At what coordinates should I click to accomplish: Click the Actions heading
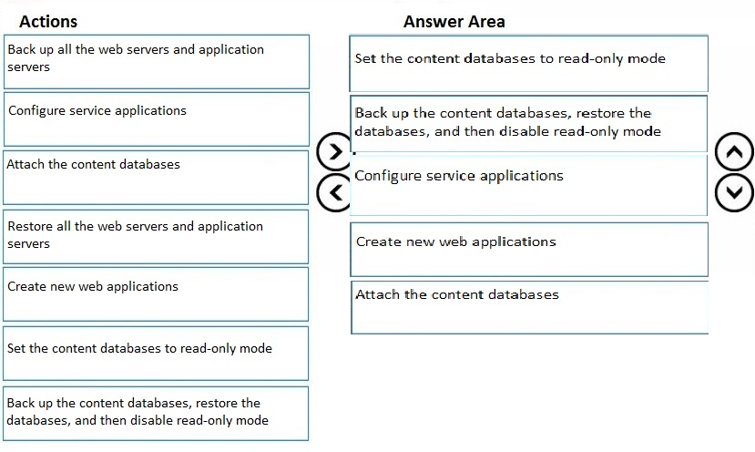point(48,22)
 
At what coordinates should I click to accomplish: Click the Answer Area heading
point(454,22)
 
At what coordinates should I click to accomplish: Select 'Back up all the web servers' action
point(157,62)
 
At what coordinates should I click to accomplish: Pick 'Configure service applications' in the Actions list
point(157,119)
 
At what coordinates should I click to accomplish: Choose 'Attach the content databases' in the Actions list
point(156,178)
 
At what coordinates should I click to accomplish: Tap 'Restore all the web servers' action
point(156,237)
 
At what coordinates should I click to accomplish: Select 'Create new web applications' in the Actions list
point(156,294)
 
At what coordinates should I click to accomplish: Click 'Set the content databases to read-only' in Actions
point(156,354)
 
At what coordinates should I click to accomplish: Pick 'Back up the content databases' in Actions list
point(156,414)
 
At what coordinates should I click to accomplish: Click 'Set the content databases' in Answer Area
point(529,63)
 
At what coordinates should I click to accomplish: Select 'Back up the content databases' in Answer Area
point(529,124)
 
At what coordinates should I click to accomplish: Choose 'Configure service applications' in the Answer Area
point(529,185)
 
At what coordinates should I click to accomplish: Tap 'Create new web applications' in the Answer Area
point(529,250)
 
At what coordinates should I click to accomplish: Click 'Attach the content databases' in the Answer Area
point(530,307)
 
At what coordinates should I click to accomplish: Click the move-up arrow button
point(734,152)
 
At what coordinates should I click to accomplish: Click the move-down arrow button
point(734,193)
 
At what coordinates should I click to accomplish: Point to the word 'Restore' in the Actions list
point(30,227)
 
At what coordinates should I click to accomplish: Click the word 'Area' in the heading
point(485,22)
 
